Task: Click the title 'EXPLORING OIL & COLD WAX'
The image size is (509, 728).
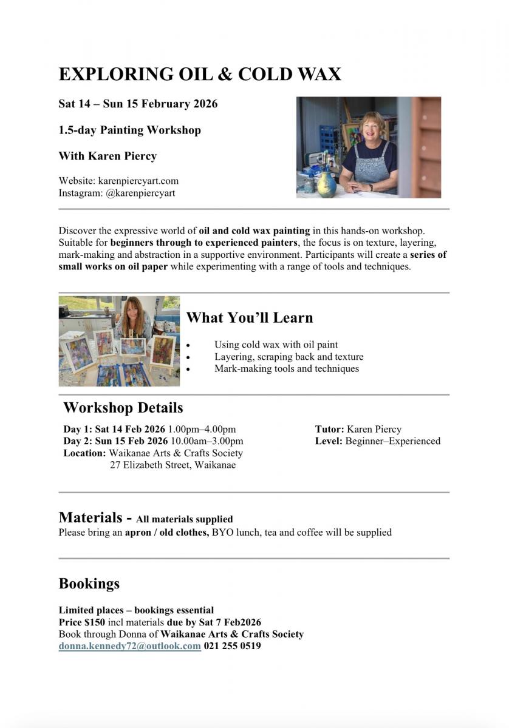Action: tap(200, 74)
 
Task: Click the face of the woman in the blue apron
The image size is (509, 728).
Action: tap(372, 127)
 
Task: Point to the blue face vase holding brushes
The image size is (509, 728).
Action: tap(326, 180)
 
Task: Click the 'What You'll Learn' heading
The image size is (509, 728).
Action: tap(249, 317)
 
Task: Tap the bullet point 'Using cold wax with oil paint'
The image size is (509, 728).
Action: tap(276, 345)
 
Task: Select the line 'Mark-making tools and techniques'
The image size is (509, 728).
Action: tap(286, 368)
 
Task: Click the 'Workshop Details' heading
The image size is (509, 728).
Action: tap(123, 407)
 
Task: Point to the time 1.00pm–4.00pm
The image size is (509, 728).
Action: tap(202, 430)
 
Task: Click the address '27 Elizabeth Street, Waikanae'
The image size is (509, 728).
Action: tap(173, 465)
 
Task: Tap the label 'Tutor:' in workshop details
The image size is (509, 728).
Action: tap(329, 430)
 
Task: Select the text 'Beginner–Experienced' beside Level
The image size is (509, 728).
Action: tap(392, 441)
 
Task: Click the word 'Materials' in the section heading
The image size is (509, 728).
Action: tap(90, 517)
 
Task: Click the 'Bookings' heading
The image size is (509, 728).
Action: tap(89, 584)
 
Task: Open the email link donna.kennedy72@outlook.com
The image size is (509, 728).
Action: tap(129, 646)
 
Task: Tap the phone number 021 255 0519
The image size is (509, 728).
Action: tap(232, 646)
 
